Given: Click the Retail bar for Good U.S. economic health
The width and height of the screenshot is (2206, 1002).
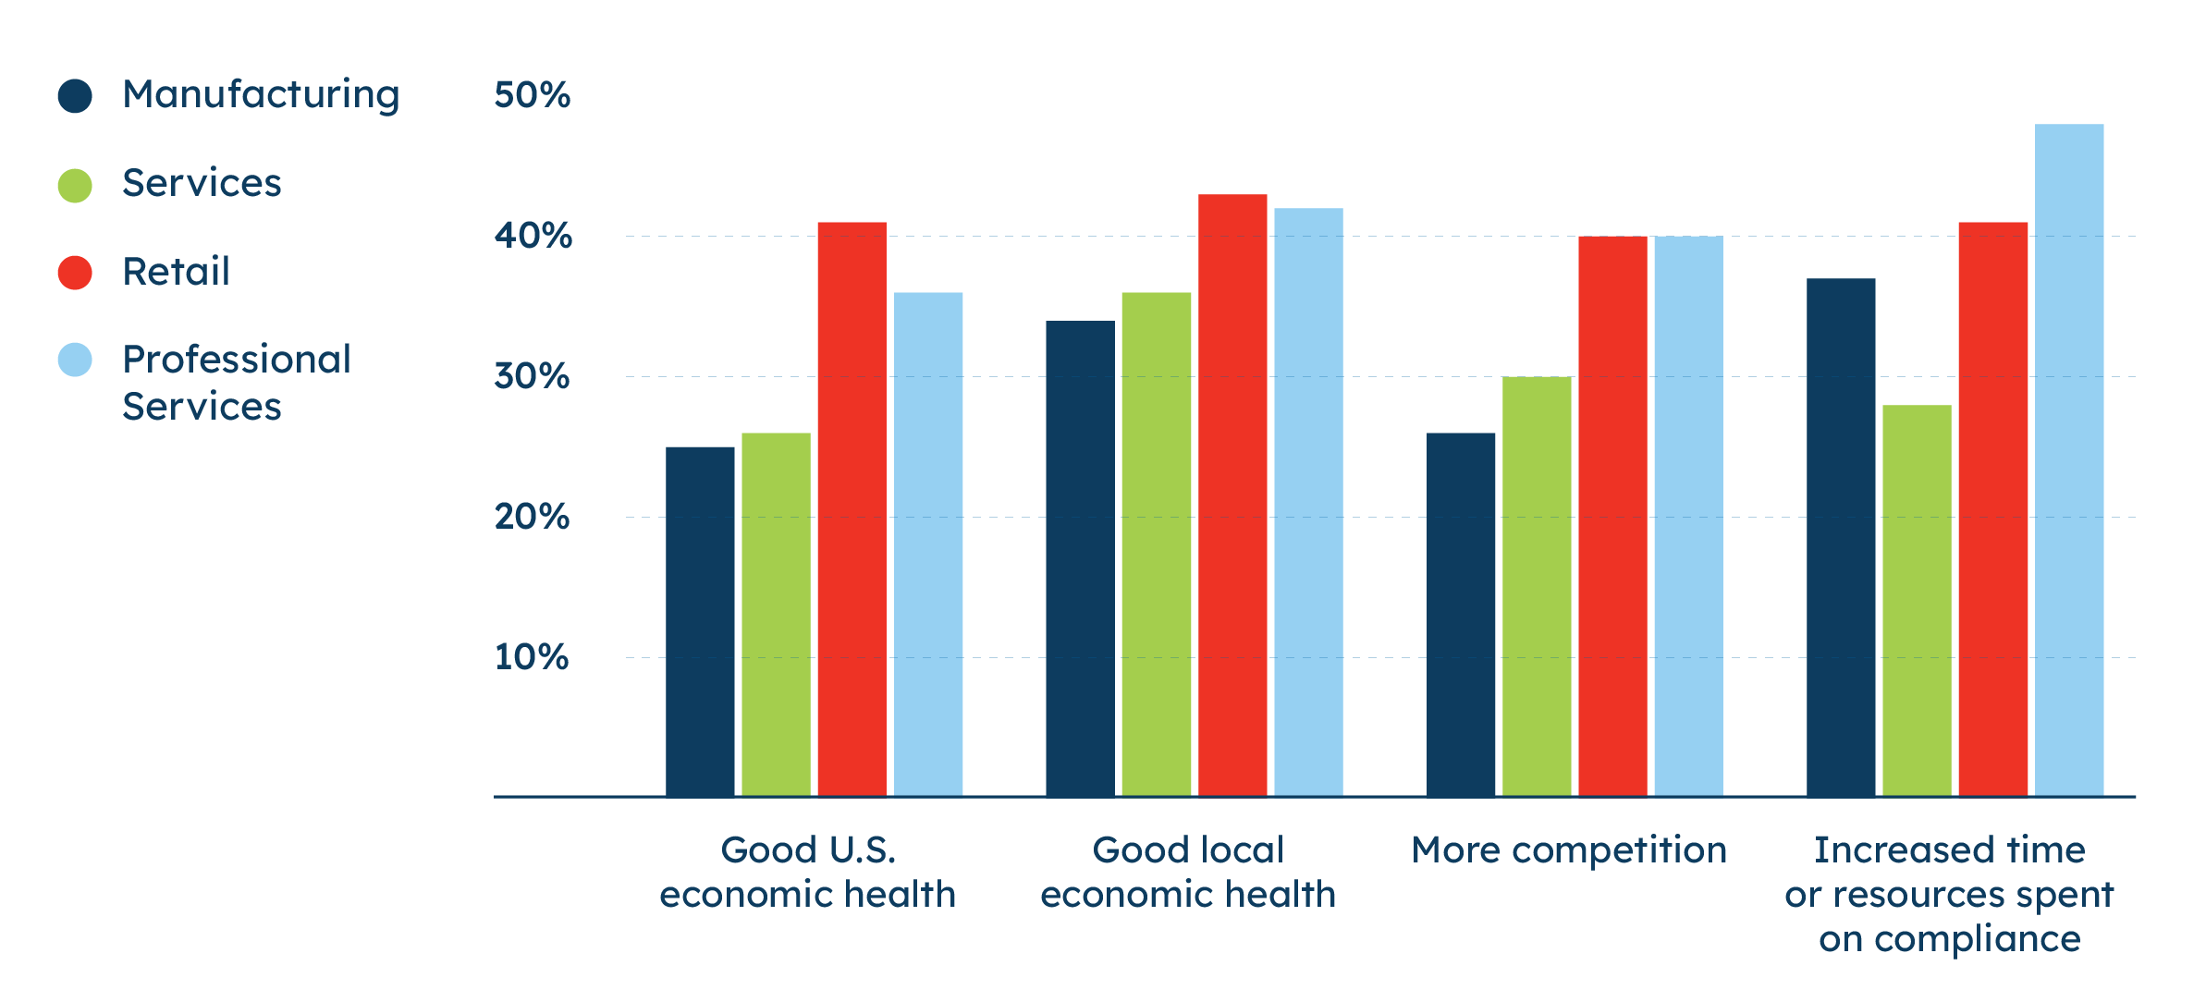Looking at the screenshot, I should [852, 508].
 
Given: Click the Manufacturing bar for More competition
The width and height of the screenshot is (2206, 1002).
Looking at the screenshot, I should [1461, 614].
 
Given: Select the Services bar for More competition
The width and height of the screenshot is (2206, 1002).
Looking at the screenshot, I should [1537, 586].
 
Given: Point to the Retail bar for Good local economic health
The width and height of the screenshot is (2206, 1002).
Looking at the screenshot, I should [1232, 495].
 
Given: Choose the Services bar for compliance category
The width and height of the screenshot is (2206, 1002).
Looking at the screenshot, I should [1917, 600].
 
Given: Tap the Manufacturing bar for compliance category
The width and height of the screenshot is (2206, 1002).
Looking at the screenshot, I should [1841, 536].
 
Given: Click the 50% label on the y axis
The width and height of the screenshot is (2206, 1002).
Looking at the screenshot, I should [532, 95].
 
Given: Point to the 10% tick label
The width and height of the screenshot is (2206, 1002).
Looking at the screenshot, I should [532, 657].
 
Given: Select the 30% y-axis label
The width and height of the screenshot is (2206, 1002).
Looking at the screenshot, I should [532, 376].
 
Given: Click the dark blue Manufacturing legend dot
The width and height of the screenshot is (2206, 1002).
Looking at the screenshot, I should [75, 95].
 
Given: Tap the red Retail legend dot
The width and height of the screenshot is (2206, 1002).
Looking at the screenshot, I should [75, 273].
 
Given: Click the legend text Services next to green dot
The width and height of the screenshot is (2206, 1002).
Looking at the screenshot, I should [202, 183].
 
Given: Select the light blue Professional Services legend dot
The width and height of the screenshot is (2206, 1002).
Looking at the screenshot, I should [75, 360].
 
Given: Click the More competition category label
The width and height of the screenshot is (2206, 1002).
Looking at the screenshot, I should [1569, 850].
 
